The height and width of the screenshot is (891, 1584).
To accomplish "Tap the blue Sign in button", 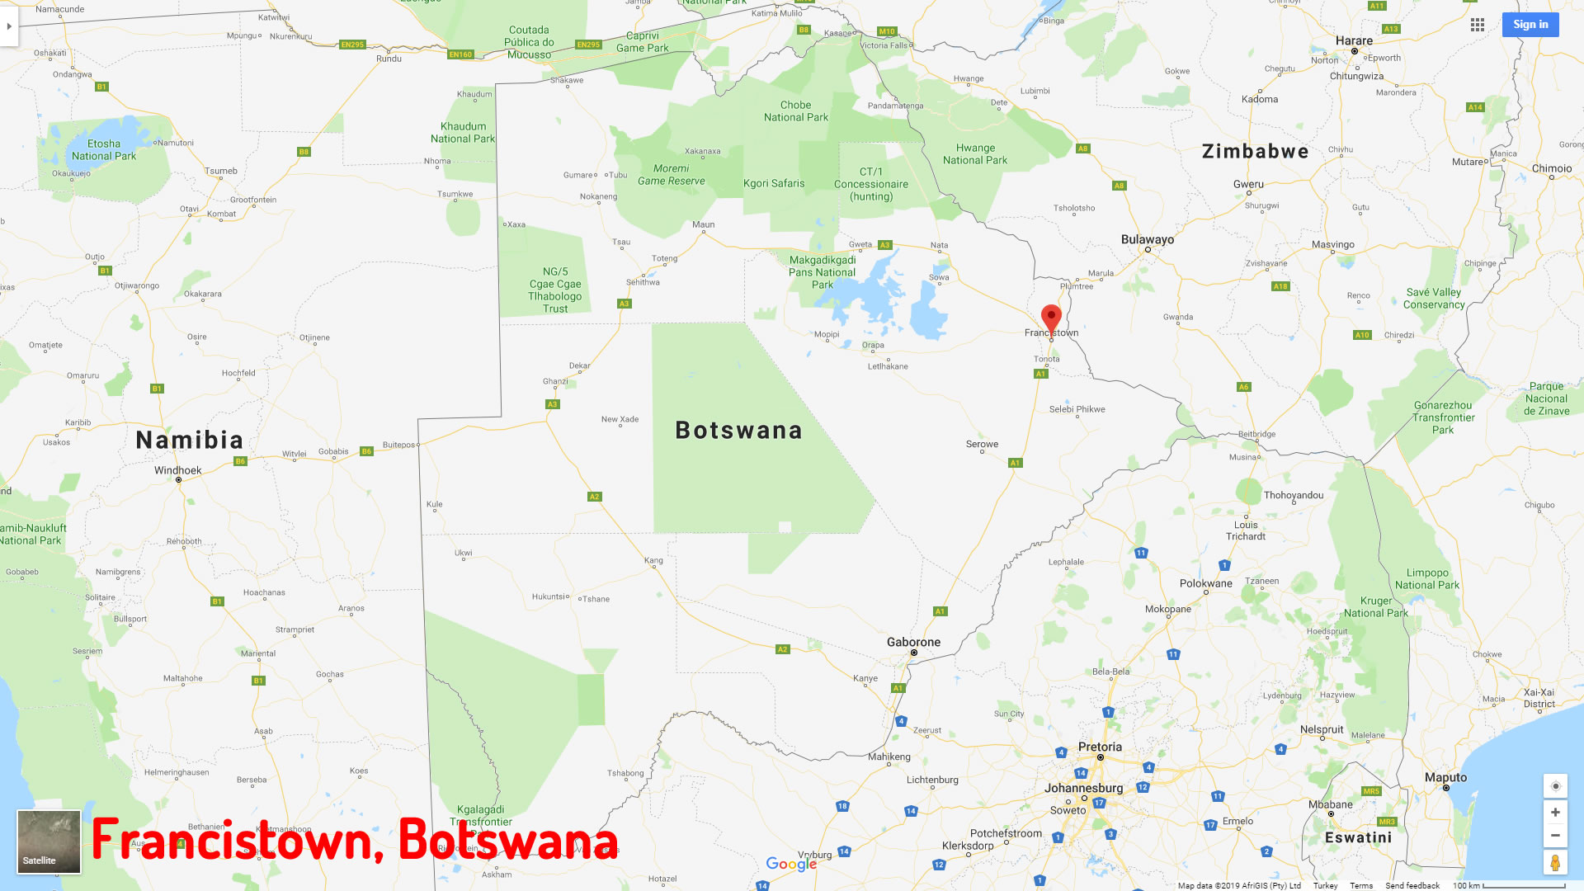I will tap(1530, 25).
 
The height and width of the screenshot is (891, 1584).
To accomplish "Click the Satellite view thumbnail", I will tap(49, 841).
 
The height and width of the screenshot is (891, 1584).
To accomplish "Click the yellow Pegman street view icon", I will tap(1554, 862).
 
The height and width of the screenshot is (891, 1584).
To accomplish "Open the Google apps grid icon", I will tap(1478, 25).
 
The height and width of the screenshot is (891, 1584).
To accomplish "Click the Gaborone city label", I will tap(913, 642).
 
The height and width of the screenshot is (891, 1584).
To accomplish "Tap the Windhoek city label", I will tap(177, 470).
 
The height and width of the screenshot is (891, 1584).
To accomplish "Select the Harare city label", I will tap(1354, 40).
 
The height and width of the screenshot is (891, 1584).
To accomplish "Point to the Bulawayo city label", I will tap(1147, 239).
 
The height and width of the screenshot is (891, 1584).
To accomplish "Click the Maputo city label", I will tap(1445, 777).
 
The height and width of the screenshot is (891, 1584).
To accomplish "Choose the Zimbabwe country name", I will tap(1255, 151).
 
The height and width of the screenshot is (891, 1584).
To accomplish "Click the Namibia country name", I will tap(190, 440).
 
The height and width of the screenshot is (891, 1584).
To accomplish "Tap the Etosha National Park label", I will tap(104, 149).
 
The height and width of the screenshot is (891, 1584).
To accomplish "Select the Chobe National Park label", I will tap(795, 111).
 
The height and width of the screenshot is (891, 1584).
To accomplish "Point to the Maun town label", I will tap(703, 224).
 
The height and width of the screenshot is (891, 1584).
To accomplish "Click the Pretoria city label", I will tap(1100, 747).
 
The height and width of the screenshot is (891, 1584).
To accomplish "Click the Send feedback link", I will tap(1412, 885).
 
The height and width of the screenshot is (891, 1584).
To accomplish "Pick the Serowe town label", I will tap(982, 444).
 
